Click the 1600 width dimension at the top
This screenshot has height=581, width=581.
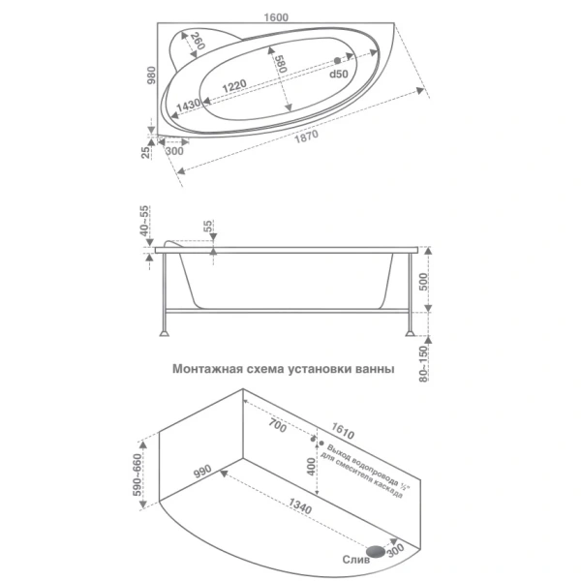[276, 17]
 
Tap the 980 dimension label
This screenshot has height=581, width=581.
[152, 76]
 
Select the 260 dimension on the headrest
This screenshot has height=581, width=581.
[198, 42]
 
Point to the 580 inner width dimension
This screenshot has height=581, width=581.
[280, 64]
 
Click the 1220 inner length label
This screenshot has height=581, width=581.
[234, 86]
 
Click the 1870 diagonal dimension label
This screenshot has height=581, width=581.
[306, 137]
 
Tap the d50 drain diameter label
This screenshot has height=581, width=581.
[339, 75]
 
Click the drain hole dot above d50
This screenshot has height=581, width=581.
[337, 60]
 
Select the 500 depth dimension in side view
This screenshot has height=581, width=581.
[423, 282]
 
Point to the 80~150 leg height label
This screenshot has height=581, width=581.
[423, 364]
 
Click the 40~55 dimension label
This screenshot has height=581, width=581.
[144, 221]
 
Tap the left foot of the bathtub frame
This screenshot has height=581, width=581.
[165, 333]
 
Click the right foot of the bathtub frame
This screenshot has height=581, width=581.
[410, 333]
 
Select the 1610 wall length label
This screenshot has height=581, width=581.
[343, 431]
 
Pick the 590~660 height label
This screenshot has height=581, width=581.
[138, 475]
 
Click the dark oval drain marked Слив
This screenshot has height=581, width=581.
[376, 551]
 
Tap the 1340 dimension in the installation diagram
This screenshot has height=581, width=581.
[300, 505]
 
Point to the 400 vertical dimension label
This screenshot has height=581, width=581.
[311, 467]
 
